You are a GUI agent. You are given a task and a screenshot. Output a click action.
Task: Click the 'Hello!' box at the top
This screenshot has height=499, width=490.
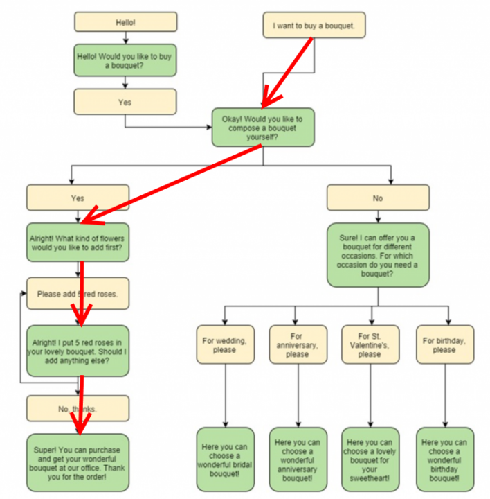coord(125,22)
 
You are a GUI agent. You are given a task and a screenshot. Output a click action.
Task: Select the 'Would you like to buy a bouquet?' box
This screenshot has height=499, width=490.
coord(125,60)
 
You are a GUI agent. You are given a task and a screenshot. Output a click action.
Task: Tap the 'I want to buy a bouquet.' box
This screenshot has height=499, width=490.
coord(314,26)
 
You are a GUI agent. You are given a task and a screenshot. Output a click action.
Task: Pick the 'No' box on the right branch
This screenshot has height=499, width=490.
coord(377,198)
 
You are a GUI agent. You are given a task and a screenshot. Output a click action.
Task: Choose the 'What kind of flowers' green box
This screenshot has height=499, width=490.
coord(78,241)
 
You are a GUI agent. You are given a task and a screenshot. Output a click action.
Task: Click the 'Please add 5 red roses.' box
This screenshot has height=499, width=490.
coord(78,294)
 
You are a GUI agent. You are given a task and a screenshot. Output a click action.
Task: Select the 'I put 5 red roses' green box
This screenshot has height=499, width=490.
coord(78,351)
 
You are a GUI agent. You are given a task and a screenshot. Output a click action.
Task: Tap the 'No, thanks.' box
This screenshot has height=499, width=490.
coord(78,409)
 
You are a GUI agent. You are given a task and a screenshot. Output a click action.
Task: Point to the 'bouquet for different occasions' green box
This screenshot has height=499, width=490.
coord(377,254)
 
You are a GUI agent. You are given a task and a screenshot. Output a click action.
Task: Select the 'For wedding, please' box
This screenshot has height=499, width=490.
coord(225,344)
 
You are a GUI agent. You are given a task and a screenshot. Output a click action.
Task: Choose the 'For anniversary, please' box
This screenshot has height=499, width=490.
coord(298,344)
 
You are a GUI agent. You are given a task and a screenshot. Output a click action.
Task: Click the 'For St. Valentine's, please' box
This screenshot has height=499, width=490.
coord(370,344)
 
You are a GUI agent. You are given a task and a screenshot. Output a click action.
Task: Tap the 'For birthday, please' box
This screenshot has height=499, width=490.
coord(444,344)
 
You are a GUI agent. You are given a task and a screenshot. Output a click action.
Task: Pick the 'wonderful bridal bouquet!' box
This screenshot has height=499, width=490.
coord(225,458)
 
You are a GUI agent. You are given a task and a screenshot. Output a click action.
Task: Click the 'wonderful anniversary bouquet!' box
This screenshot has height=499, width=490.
coord(298,458)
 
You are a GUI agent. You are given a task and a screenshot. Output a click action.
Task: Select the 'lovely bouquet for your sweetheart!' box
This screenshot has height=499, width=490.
coord(370,458)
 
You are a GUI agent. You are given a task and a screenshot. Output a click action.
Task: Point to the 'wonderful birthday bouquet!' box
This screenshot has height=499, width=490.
coord(444,458)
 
